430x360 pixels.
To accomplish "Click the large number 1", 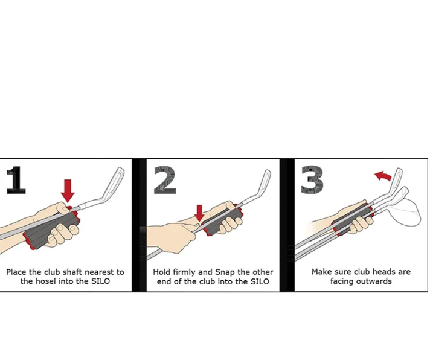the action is pos(16,180).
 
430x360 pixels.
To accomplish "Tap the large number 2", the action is pos(164,180).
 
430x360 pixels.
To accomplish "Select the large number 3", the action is pos(312,179).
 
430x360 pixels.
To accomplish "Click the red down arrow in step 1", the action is pos(68,190).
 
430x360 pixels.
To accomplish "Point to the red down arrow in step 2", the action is pos(199,213).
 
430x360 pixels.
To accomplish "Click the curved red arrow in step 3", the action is pos(383,176).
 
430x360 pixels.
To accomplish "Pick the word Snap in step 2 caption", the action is pos(225,272).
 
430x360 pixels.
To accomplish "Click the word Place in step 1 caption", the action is pos(16,272).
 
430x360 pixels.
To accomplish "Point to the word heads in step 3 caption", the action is pos(383,272).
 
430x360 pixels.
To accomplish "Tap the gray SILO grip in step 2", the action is pos(222,220).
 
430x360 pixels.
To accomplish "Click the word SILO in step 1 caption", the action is pos(100,281).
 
